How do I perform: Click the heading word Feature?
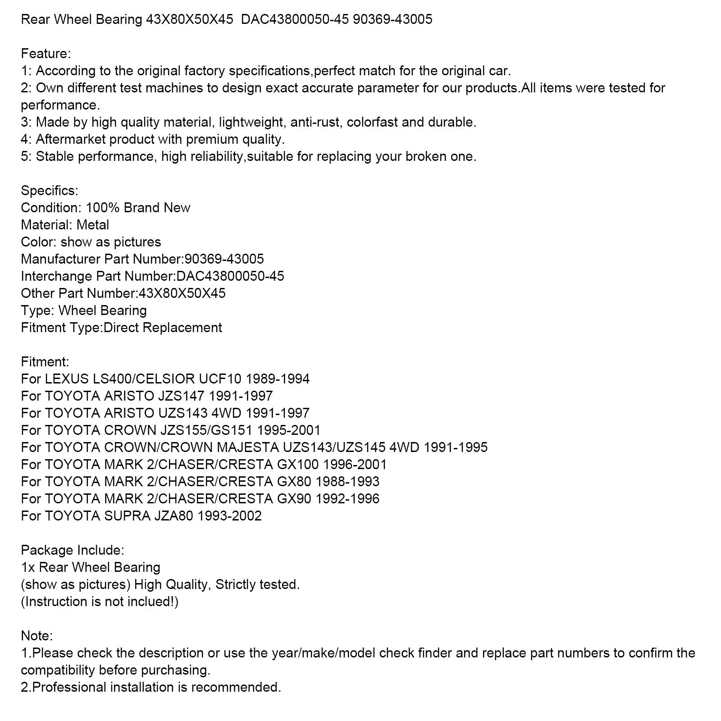[x=46, y=54]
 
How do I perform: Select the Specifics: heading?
[x=49, y=191]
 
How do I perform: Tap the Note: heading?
[x=37, y=636]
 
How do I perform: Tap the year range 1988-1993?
[x=347, y=482]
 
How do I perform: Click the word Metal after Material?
[x=93, y=225]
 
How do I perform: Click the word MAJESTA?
[x=260, y=447]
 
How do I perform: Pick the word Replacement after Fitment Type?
[x=182, y=328]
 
